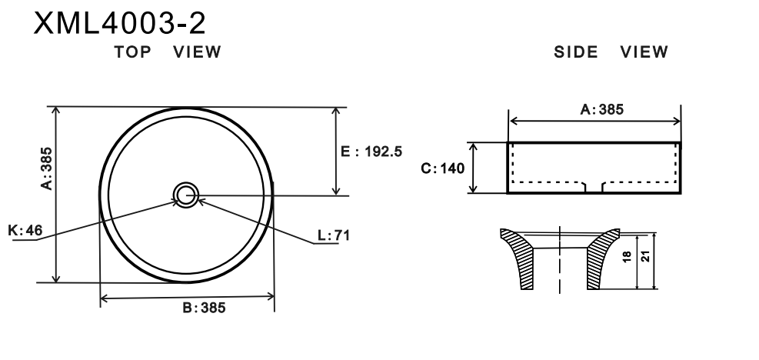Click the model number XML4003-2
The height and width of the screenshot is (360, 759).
[119, 23]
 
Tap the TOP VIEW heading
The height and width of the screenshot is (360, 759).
[168, 52]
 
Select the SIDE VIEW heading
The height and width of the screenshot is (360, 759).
[611, 52]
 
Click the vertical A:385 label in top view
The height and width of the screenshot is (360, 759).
[46, 168]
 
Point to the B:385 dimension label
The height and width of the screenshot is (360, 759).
[204, 308]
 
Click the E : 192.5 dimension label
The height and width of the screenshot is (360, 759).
[371, 152]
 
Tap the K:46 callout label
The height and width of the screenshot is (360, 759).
[25, 230]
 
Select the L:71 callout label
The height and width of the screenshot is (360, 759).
[334, 235]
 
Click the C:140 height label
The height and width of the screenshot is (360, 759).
[442, 168]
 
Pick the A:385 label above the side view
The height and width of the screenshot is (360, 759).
[601, 109]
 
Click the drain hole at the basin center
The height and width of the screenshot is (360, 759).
[186, 195]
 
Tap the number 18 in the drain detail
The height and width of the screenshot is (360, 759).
[627, 257]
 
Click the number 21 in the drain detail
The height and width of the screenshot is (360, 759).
[645, 257]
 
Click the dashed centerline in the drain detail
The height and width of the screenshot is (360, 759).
[560, 260]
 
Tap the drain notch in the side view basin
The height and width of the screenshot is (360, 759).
[594, 187]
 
